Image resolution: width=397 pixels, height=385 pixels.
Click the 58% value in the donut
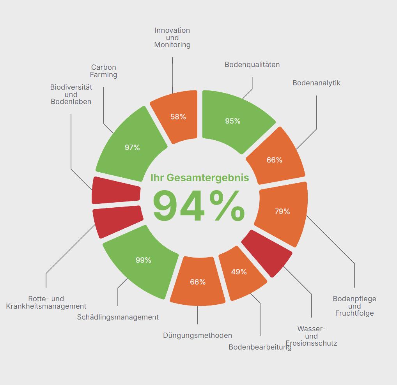click(x=178, y=117)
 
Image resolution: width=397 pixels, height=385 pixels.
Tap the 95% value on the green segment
click(x=233, y=121)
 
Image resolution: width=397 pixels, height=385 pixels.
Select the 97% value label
click(x=132, y=147)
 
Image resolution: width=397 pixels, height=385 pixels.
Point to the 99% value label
click(x=143, y=260)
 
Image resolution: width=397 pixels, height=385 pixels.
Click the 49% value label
click(x=239, y=272)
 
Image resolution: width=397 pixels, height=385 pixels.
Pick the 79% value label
click(x=282, y=211)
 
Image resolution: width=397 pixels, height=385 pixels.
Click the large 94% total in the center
click(x=199, y=206)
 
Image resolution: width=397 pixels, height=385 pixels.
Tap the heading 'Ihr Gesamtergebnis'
click(x=200, y=178)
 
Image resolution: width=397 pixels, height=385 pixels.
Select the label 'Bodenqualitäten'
click(x=252, y=65)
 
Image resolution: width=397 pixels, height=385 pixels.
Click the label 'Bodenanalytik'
click(x=316, y=83)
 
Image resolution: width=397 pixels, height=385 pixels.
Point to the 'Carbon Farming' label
click(x=104, y=71)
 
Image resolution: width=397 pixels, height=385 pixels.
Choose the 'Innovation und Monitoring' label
click(x=172, y=37)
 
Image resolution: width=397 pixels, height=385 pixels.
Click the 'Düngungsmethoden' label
click(x=197, y=336)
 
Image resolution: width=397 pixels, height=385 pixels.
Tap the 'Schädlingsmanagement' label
click(x=118, y=317)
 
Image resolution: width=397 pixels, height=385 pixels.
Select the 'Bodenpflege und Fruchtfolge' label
click(x=354, y=306)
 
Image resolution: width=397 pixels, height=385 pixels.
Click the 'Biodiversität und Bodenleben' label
click(x=71, y=94)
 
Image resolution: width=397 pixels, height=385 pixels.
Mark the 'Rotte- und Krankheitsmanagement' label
click(x=46, y=302)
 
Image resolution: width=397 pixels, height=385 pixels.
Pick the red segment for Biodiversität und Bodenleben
click(x=116, y=190)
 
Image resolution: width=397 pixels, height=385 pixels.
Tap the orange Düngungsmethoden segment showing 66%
click(x=197, y=281)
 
